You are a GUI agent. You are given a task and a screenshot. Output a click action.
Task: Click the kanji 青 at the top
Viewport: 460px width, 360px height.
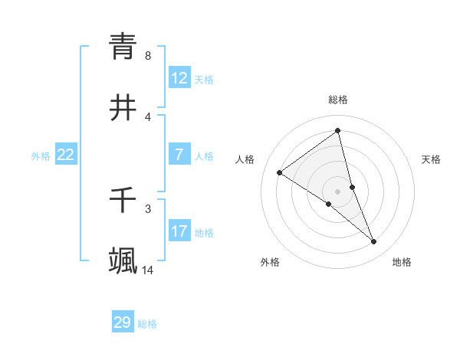pos(123,46)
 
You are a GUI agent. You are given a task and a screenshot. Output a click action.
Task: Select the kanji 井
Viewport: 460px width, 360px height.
pos(123,109)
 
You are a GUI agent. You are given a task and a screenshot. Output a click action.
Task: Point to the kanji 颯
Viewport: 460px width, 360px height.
pos(123,261)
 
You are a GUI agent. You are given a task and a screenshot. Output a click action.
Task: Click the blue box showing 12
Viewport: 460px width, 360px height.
pos(179,78)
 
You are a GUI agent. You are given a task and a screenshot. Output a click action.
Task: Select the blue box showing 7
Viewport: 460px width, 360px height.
pos(179,155)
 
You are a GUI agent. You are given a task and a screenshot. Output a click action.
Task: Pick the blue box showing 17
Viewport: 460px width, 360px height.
pos(179,231)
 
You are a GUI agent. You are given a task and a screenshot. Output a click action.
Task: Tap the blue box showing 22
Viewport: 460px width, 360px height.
pos(65,155)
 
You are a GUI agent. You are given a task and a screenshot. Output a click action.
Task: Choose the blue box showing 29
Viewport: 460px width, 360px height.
pos(123,322)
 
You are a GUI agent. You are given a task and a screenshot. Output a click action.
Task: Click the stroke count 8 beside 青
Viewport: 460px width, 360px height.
pos(148,56)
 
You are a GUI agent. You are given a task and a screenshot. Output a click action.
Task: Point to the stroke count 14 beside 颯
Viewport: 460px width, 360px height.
pos(148,270)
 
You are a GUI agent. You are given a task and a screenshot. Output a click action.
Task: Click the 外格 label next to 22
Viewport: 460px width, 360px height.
pos(41,156)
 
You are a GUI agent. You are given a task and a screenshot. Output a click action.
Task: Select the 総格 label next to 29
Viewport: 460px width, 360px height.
pos(147,324)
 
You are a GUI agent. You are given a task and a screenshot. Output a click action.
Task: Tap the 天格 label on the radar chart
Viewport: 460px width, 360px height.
pos(431,159)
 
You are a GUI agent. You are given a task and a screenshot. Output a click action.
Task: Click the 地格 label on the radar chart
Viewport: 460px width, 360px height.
pos(402,262)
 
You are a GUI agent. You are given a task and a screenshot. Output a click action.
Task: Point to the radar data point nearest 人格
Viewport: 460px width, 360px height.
pos(280,172)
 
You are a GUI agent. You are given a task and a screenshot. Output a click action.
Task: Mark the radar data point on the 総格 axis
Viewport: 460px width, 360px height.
pos(337,131)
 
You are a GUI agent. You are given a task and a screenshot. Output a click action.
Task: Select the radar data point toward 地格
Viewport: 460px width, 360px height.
pos(374,241)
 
